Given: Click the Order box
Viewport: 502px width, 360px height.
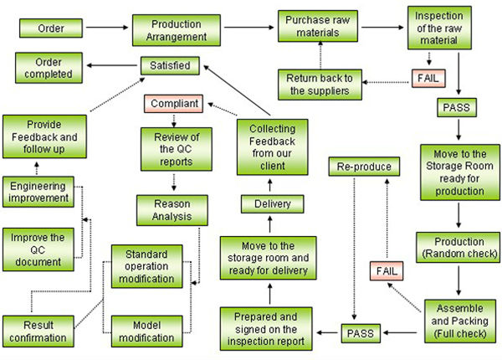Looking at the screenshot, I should [x=49, y=28].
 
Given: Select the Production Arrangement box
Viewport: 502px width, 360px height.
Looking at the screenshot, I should [x=170, y=28].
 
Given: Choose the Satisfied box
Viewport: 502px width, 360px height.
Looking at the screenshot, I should [x=169, y=64].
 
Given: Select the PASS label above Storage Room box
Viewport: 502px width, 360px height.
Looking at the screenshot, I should [x=458, y=108].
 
